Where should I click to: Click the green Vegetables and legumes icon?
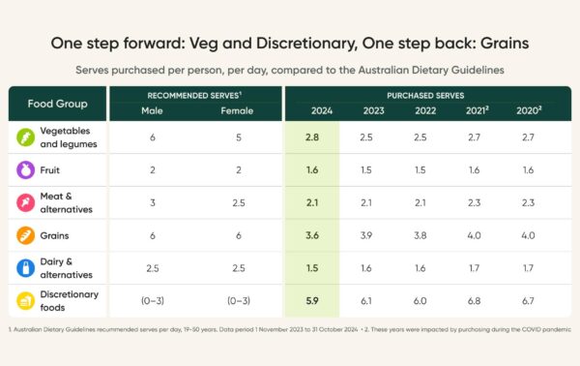tap(25, 137)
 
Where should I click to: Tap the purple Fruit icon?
tap(25, 170)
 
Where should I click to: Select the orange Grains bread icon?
tap(25, 235)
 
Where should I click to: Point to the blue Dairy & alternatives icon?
tap(25, 268)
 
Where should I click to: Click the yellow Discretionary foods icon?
tap(25, 301)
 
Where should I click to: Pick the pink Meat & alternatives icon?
tap(25, 202)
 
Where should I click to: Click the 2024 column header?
tap(322, 110)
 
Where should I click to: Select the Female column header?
tap(237, 110)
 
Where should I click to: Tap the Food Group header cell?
tap(57, 104)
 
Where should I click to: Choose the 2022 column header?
tap(425, 110)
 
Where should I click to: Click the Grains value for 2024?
tap(312, 235)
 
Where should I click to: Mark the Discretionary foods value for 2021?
tap(475, 301)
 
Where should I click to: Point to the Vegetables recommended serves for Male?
tap(153, 137)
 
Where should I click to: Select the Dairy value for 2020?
tap(528, 268)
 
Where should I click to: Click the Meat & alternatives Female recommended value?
tap(239, 202)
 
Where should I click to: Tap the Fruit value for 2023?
tap(366, 170)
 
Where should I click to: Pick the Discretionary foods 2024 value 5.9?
tap(312, 301)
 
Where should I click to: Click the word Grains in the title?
tap(505, 44)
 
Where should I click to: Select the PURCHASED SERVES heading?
tap(425, 96)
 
